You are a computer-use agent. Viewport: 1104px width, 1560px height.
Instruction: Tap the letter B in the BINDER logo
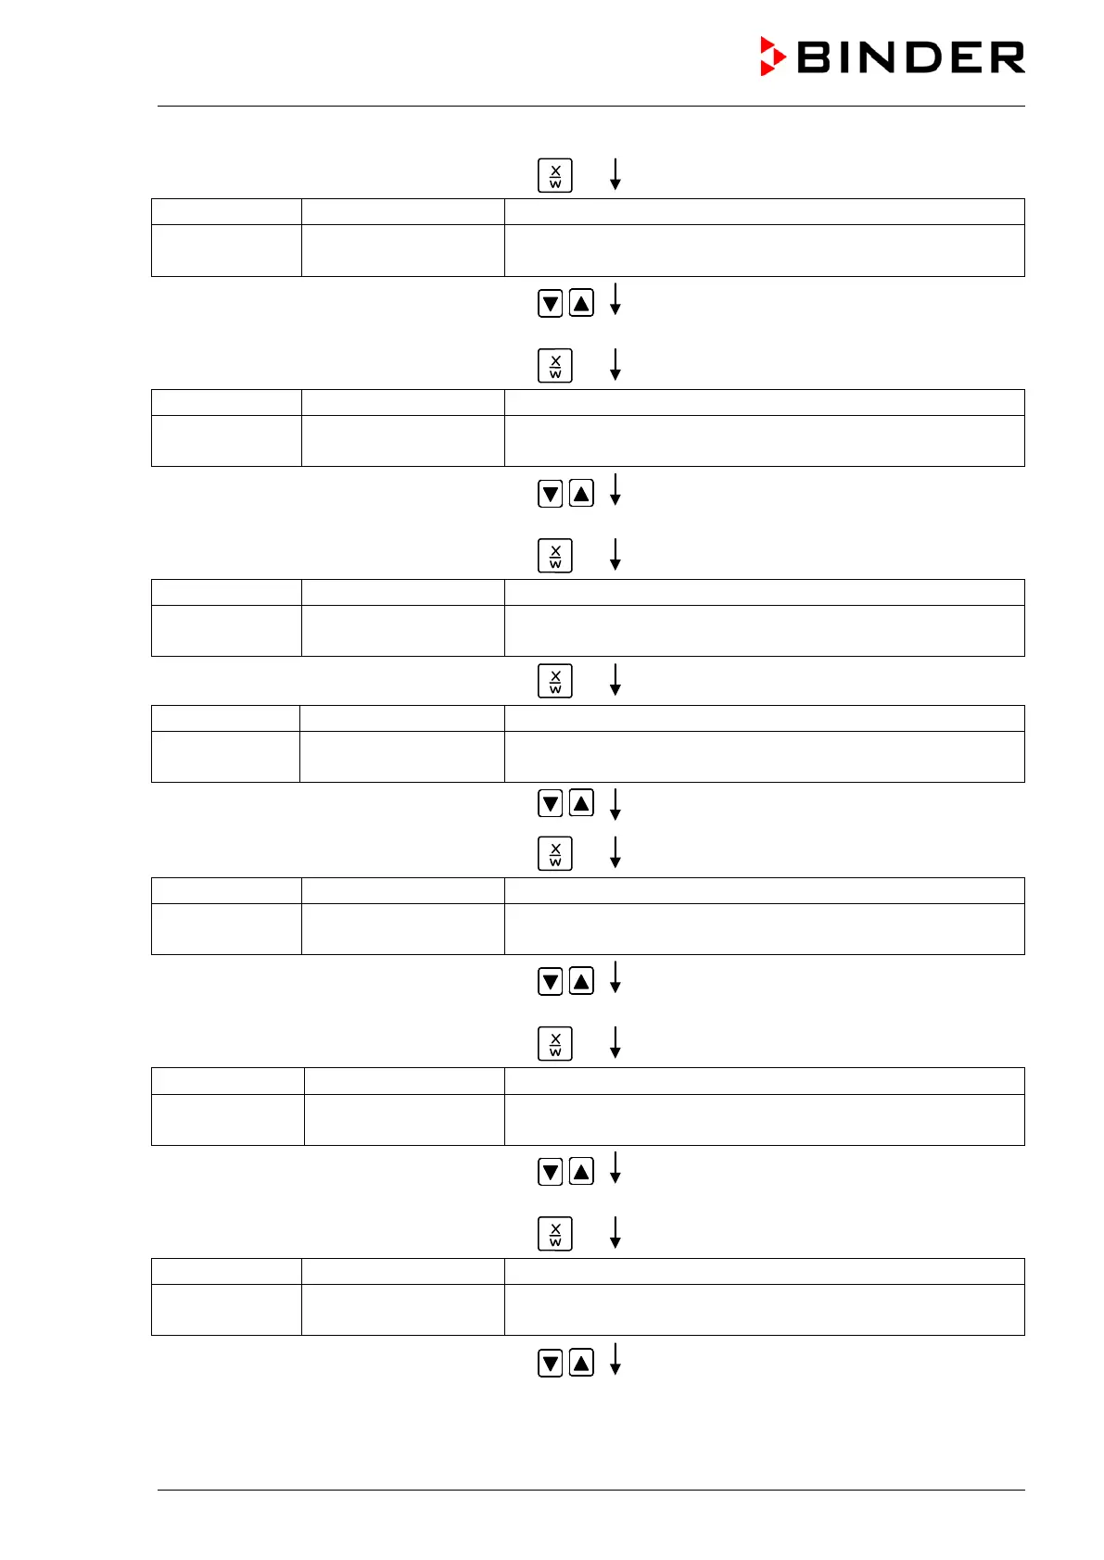(815, 57)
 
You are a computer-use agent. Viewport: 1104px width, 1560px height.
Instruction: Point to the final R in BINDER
(1007, 57)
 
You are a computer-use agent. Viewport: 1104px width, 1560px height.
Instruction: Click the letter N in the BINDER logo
(872, 57)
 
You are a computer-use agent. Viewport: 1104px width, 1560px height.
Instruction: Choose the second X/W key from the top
(555, 366)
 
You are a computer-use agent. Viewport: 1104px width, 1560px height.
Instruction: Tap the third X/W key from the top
(555, 556)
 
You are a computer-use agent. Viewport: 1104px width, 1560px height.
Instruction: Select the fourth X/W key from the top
(555, 682)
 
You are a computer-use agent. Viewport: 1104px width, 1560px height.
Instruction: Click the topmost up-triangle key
(581, 303)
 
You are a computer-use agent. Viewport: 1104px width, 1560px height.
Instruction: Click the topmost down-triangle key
(550, 303)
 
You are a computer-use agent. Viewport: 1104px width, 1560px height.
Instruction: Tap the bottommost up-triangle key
(581, 1363)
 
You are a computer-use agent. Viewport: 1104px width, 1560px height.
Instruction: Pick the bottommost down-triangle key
(550, 1363)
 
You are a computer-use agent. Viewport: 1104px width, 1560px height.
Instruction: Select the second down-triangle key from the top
(550, 494)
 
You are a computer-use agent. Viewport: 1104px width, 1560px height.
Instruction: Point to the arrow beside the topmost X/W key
(615, 174)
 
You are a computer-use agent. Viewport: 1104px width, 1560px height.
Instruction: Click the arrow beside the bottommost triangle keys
(615, 1359)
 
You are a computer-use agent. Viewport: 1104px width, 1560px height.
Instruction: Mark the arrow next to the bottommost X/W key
(615, 1232)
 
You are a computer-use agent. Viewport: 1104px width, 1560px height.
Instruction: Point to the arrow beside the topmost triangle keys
(615, 299)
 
